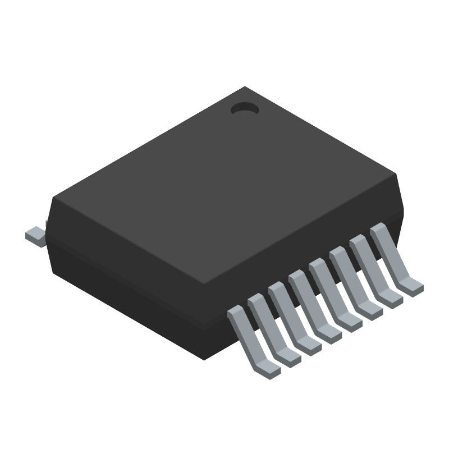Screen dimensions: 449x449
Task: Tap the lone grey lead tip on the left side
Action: (x=35, y=235)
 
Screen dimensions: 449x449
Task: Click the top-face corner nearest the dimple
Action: (x=245, y=87)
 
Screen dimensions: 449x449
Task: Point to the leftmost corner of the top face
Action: (x=53, y=197)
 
